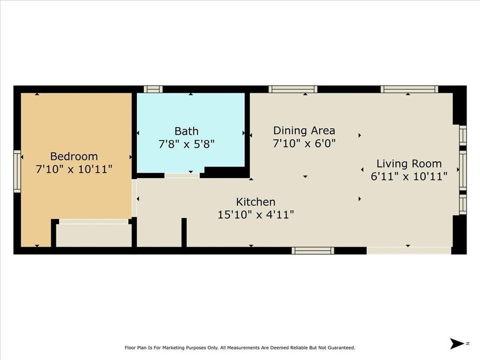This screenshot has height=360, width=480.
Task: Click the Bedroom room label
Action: [x=74, y=156]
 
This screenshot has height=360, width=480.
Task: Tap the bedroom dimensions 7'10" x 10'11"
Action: [x=74, y=169]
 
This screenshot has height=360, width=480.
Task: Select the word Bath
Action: [x=186, y=131]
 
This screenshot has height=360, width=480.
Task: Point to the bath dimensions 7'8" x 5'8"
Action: [x=186, y=144]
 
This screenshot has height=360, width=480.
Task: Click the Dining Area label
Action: [x=304, y=131]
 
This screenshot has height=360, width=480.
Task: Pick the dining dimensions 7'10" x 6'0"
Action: [x=304, y=143]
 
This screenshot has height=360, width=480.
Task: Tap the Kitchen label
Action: [x=256, y=202]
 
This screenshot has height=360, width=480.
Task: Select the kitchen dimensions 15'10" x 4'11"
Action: [x=256, y=215]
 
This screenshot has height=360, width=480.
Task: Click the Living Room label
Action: [x=409, y=164]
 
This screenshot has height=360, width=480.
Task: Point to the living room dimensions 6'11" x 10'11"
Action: [x=409, y=176]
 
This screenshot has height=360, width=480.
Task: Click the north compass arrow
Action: [x=457, y=344]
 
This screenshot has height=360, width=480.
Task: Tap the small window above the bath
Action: [x=153, y=89]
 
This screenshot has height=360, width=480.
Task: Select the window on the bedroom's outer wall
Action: [x=17, y=171]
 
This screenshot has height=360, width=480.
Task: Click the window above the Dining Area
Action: [x=293, y=89]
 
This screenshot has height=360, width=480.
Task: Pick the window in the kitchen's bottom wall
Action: [x=312, y=251]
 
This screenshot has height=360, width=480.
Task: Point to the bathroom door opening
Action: [x=182, y=176]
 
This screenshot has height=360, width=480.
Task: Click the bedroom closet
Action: [x=94, y=235]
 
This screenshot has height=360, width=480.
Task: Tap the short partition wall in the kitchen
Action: [x=184, y=232]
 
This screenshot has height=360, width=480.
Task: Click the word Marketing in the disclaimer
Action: [x=175, y=348]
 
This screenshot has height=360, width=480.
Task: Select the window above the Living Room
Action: [x=409, y=89]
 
